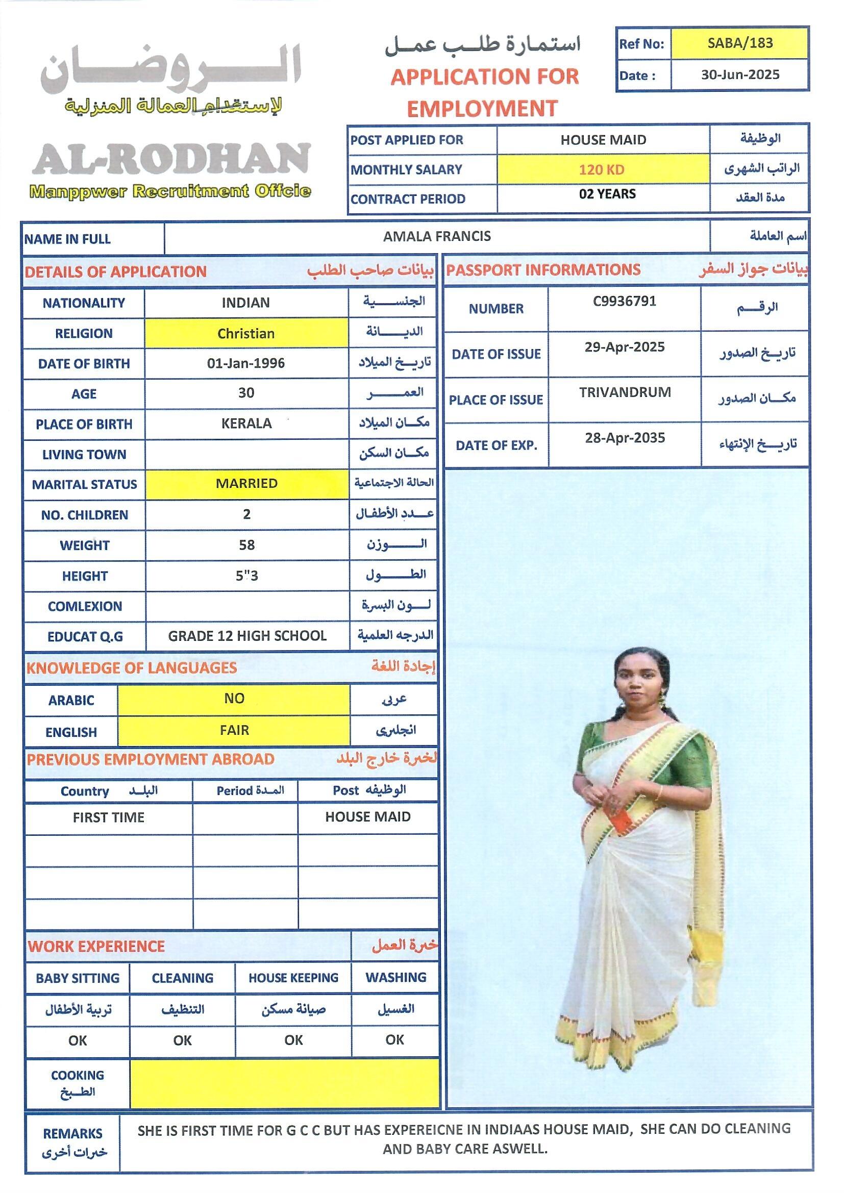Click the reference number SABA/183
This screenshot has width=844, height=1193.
click(x=739, y=43)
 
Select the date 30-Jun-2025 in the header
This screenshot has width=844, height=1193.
click(x=739, y=75)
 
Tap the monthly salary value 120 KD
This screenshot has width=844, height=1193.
click(x=602, y=169)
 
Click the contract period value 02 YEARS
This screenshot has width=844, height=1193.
click(x=607, y=194)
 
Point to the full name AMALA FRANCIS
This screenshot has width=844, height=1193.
click(x=437, y=237)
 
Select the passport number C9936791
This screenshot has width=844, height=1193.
click(x=624, y=302)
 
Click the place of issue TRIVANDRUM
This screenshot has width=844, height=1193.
click(x=625, y=392)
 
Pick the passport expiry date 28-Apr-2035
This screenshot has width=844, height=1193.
click(x=625, y=438)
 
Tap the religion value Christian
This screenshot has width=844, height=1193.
click(x=246, y=334)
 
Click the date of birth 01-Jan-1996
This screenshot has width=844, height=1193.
click(x=246, y=363)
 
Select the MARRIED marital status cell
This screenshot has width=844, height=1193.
click(x=246, y=484)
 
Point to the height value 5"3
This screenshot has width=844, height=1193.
click(x=247, y=576)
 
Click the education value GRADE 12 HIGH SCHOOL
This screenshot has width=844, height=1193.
click(x=247, y=636)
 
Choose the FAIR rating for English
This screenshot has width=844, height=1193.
click(x=234, y=731)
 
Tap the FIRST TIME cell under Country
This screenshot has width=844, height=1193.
click(x=109, y=818)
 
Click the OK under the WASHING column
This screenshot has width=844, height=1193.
click(x=394, y=1040)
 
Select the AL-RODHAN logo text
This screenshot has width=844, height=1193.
click(x=171, y=159)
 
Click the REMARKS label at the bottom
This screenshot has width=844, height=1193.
click(x=73, y=1133)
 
